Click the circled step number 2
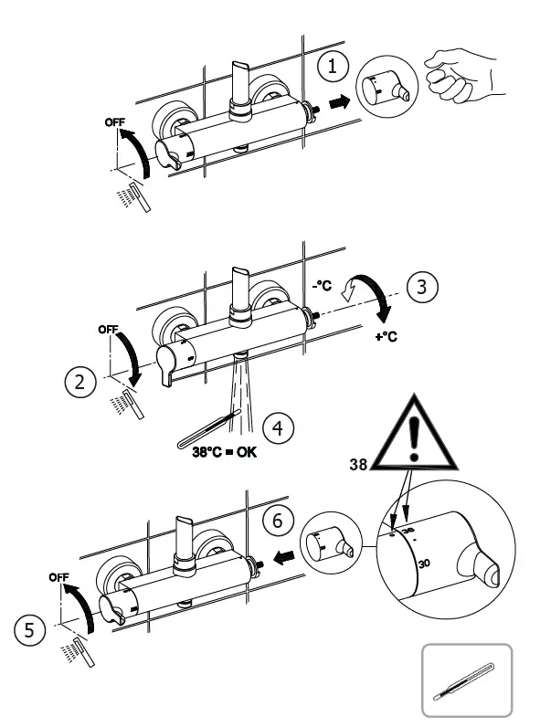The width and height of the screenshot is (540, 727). pos(80,382)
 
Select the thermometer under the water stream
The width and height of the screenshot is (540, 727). pos(206,427)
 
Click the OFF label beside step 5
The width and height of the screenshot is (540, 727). pos(59,577)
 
